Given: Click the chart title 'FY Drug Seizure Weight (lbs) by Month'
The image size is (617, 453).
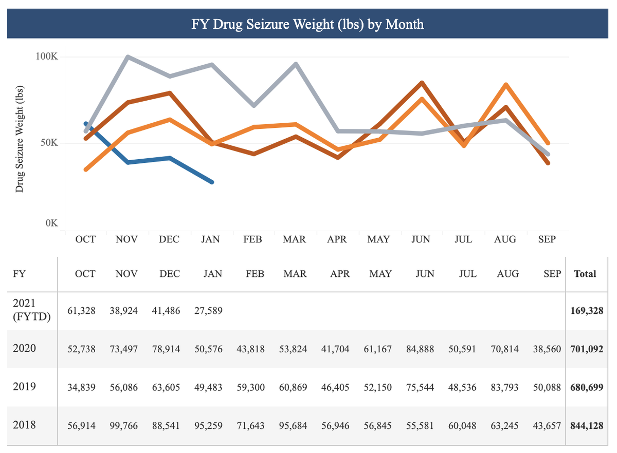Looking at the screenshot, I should (x=308, y=24).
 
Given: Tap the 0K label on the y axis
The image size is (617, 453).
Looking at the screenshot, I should (x=51, y=223).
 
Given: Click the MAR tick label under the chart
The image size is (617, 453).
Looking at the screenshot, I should (x=295, y=240).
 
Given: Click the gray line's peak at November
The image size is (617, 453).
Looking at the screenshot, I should (x=128, y=57).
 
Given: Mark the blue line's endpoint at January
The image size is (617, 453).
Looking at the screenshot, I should (x=212, y=182).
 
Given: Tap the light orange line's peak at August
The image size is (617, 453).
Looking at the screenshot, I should (x=506, y=84).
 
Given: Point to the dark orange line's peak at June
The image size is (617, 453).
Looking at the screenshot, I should (x=421, y=83).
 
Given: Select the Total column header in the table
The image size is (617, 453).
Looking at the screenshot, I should (x=585, y=274).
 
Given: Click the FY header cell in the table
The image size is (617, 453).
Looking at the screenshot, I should (x=19, y=274).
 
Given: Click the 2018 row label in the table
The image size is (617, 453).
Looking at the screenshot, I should (x=25, y=425).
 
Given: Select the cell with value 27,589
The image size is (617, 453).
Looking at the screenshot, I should (x=209, y=311).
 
